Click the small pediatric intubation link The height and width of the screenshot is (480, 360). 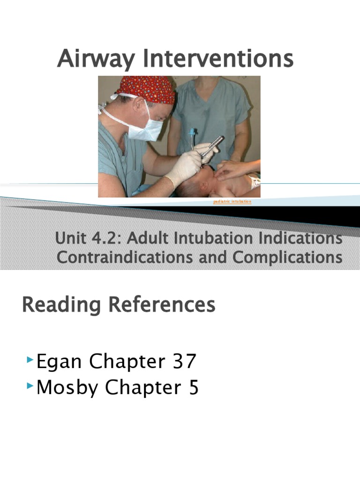[x=232, y=201]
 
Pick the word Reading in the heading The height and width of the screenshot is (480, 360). [x=61, y=305]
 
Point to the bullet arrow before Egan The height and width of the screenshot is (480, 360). [x=30, y=360]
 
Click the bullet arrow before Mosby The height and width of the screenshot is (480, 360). [x=30, y=386]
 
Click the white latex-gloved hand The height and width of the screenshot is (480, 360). [x=185, y=166]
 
